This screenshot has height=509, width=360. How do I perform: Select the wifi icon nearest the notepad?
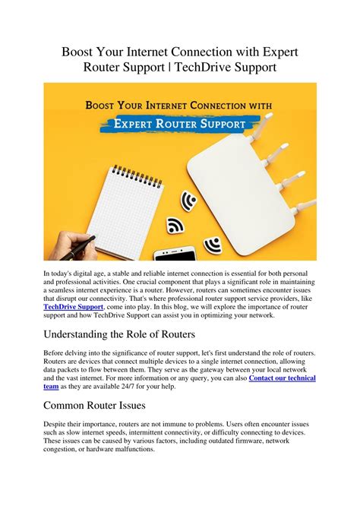[x=175, y=226]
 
